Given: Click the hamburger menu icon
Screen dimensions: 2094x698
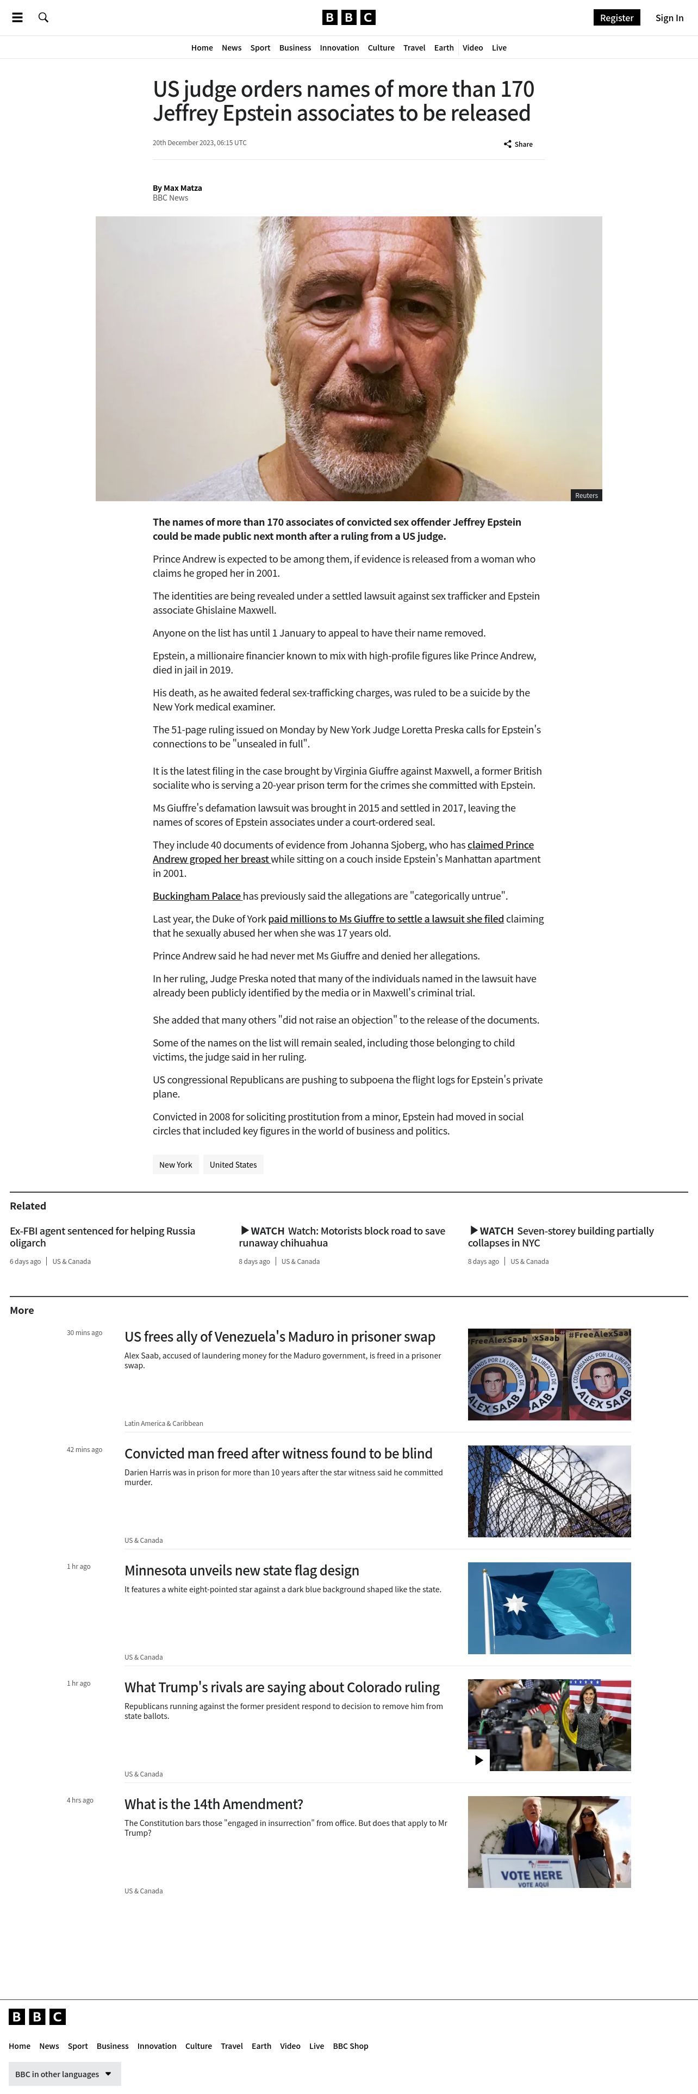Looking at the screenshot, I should click(17, 17).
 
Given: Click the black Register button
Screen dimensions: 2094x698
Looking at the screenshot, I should click(616, 18).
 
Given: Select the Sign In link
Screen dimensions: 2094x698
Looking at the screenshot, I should click(669, 18).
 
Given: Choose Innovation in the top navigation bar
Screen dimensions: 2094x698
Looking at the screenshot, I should click(339, 48).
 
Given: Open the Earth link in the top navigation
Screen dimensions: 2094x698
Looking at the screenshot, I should click(444, 48).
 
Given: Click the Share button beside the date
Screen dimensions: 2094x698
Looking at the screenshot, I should click(519, 144).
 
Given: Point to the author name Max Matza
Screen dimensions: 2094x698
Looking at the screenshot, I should click(182, 188).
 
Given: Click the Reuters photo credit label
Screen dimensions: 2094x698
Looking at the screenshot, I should click(586, 495).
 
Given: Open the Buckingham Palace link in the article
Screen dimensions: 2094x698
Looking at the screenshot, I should click(197, 896).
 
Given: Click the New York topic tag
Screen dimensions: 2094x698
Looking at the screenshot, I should click(176, 1165).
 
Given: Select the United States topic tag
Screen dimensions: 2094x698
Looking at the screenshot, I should click(233, 1165).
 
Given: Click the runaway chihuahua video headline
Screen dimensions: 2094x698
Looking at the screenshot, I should click(342, 1236).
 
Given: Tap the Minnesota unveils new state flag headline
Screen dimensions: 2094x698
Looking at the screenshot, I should click(241, 1570).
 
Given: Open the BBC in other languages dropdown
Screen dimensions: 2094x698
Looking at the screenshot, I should click(64, 2074).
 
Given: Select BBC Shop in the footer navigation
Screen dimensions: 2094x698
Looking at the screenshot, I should click(350, 2046).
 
